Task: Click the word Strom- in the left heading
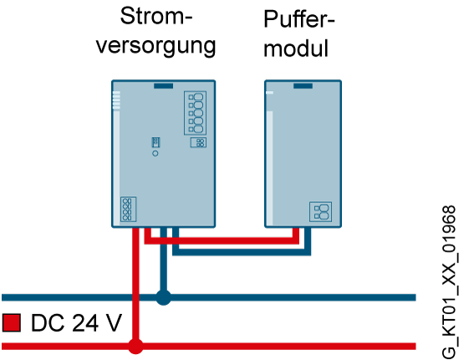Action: pos(156,17)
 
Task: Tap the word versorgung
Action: pos(156,47)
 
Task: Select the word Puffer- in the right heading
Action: pos(299,19)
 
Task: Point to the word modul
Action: pos(296,48)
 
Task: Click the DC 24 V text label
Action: pos(76,323)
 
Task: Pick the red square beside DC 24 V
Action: pos(12,322)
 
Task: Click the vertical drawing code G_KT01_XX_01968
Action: pos(449,282)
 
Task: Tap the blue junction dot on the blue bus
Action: pos(164,297)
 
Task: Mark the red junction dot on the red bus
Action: pos(135,346)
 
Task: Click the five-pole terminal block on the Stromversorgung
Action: pos(196,113)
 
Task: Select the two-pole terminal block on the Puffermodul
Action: pos(321,211)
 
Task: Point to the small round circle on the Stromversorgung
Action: pos(155,154)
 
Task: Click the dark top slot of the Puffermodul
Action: pos(303,86)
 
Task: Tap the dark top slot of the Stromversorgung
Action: pos(164,86)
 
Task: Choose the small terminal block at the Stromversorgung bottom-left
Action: pos(128,210)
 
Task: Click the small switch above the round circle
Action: pos(155,142)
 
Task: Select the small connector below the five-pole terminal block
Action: pos(198,142)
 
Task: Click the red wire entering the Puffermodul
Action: pos(222,241)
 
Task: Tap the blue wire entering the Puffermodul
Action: pos(242,252)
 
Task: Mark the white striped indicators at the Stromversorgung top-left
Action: pos(116,100)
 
